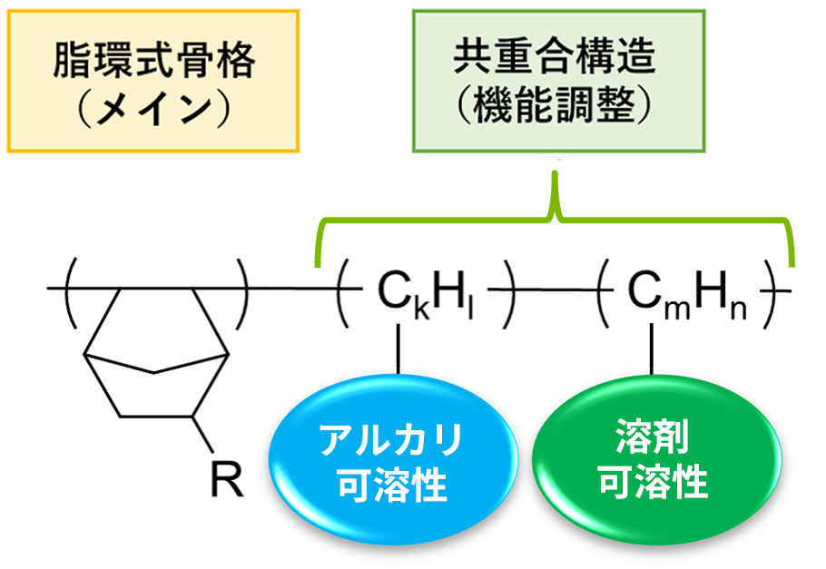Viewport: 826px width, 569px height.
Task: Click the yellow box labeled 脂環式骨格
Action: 152,81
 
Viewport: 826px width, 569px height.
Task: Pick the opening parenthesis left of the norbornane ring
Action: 71,289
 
